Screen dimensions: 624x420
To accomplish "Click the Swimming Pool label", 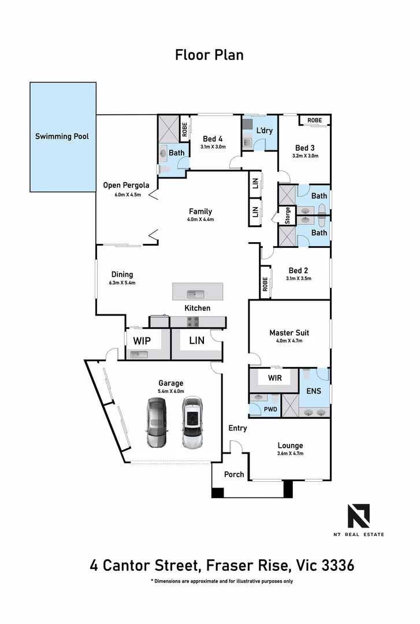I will tap(62, 136).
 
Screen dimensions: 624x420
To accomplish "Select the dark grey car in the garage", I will tap(156, 423).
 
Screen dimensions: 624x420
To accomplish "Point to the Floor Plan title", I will tap(209, 55).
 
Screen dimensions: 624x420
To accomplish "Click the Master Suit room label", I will tap(289, 333).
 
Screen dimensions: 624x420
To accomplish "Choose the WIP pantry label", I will tap(142, 341).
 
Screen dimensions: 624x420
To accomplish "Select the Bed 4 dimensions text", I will tap(213, 147).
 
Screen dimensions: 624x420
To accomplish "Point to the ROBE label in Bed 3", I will tap(314, 120).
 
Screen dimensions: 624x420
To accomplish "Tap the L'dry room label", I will tap(264, 131).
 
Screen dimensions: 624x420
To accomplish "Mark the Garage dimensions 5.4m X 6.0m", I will tap(170, 391).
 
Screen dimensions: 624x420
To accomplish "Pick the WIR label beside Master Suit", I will tap(275, 378).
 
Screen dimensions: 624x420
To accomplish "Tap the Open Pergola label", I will tap(126, 185).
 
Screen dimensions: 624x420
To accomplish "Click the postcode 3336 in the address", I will tap(335, 565).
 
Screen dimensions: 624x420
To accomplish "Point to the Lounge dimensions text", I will tap(290, 454).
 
